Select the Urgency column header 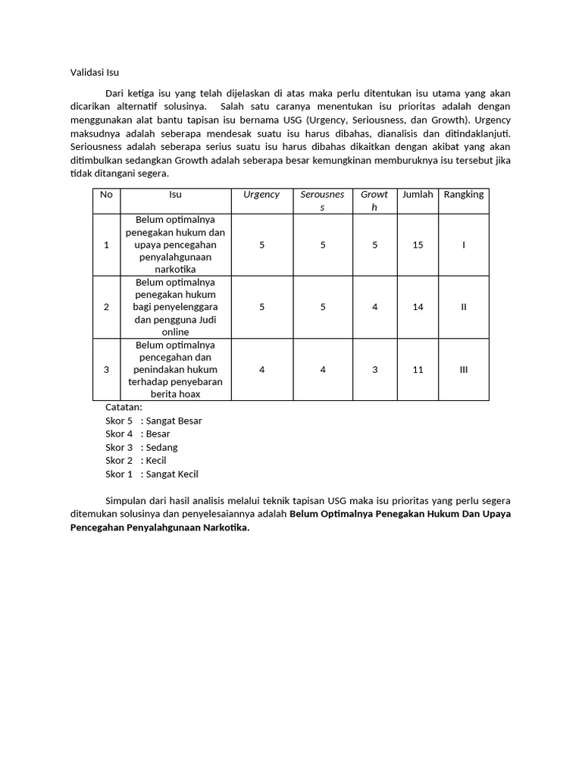pyautogui.click(x=261, y=195)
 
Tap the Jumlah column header pyautogui.click(x=418, y=195)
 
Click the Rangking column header pyautogui.click(x=463, y=195)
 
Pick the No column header pyautogui.click(x=106, y=195)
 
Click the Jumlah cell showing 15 pyautogui.click(x=418, y=245)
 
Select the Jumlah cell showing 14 pyautogui.click(x=418, y=307)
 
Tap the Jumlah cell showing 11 pyautogui.click(x=418, y=369)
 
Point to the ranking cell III pyautogui.click(x=463, y=369)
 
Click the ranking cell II pyautogui.click(x=463, y=307)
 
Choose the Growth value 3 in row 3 pyautogui.click(x=374, y=369)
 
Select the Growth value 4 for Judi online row pyautogui.click(x=374, y=307)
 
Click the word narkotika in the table pyautogui.click(x=175, y=270)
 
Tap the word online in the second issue pyautogui.click(x=175, y=332)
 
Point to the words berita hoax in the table pyautogui.click(x=175, y=394)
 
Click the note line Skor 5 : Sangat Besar pyautogui.click(x=154, y=421)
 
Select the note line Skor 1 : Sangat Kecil pyautogui.click(x=152, y=474)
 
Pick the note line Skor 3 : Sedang pyautogui.click(x=142, y=447)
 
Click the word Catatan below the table pyautogui.click(x=124, y=407)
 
